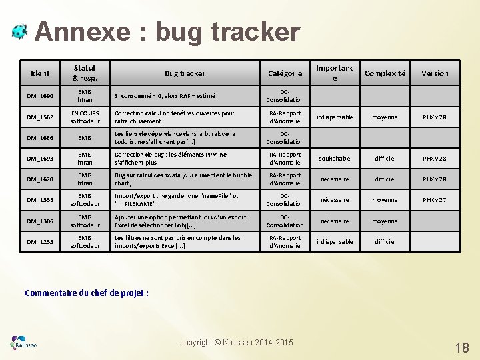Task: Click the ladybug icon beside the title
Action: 19,31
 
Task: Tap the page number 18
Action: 461,347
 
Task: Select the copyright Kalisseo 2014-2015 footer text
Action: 236,342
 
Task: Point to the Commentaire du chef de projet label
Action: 87,292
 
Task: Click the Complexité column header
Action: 385,73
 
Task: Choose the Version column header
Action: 435,73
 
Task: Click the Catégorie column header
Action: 285,73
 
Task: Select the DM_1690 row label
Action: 40,96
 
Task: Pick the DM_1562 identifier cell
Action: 40,117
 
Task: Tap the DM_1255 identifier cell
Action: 40,242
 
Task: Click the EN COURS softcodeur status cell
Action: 85,117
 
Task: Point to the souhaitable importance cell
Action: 335,159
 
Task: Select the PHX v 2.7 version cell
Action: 434,200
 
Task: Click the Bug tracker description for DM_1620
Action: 183,179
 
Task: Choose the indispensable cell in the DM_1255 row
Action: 335,242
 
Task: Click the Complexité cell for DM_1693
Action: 385,159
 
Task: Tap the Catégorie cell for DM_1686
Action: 285,138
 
